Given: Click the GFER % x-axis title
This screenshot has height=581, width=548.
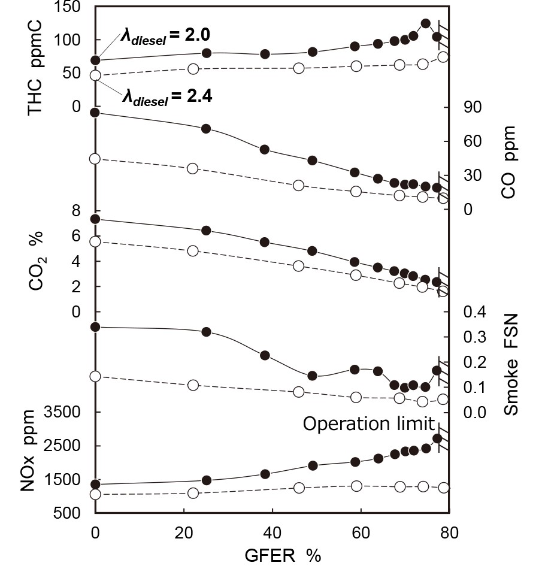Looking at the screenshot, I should pos(283,556).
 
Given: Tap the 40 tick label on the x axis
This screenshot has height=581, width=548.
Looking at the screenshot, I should pos(272,533).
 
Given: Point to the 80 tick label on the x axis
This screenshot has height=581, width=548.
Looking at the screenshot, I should pos(449,533).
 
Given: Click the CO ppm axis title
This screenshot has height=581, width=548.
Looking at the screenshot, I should pos(508,162).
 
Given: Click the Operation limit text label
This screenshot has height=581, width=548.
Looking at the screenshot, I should pos(368,424).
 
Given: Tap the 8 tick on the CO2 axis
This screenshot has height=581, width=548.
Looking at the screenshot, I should pos(75,210).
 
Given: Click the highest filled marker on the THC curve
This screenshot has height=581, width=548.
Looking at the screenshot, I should pos(426,23).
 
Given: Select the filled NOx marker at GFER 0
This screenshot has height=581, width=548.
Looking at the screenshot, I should pos(95,484).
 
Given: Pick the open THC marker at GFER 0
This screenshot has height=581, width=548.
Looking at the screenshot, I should pos(95,75).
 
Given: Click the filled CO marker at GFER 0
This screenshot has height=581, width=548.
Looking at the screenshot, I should pos(95,113).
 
